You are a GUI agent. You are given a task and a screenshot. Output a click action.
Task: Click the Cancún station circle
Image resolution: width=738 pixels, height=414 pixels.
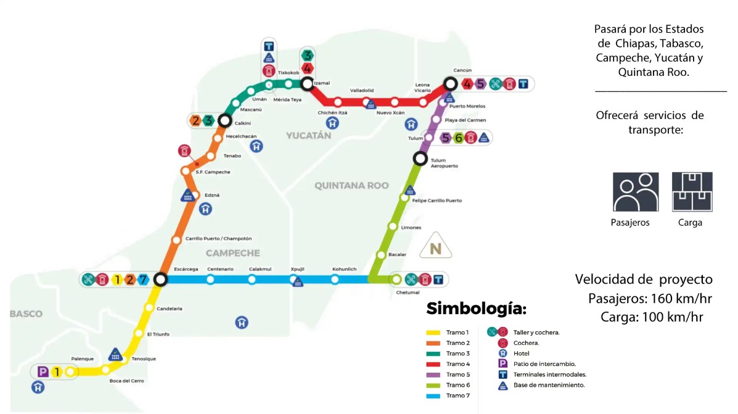451,84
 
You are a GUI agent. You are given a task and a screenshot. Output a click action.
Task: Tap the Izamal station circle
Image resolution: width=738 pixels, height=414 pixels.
306,82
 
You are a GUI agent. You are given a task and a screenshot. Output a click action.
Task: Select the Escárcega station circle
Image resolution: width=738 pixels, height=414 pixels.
161,279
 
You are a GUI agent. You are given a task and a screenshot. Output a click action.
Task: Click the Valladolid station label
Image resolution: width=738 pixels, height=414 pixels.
362,90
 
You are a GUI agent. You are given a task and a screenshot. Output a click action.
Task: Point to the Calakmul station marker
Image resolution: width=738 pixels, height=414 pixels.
252,279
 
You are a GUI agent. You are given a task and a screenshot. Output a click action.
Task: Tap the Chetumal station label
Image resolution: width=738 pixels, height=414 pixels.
408,292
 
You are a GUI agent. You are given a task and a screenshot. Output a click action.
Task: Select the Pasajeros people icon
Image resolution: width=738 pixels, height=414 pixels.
636,192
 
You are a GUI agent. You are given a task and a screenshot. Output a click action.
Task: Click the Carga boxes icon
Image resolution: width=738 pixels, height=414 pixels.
692,192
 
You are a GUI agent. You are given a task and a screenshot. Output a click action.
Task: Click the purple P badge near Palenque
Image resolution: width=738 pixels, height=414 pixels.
43,371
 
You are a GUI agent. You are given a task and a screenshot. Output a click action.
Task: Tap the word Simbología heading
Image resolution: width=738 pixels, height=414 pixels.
476,308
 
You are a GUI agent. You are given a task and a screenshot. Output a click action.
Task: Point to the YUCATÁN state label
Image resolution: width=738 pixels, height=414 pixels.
308,136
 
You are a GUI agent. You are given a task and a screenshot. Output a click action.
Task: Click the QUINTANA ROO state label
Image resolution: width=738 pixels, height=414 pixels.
351,185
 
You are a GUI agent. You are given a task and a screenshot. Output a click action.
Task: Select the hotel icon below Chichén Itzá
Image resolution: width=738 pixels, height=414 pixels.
332,123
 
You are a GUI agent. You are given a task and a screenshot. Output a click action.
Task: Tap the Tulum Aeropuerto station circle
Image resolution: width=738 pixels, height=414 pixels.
420,159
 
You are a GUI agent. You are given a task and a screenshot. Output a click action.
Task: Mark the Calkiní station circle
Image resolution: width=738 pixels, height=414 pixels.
225,120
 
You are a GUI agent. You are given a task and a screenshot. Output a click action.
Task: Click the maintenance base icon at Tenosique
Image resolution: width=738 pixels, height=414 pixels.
115,355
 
